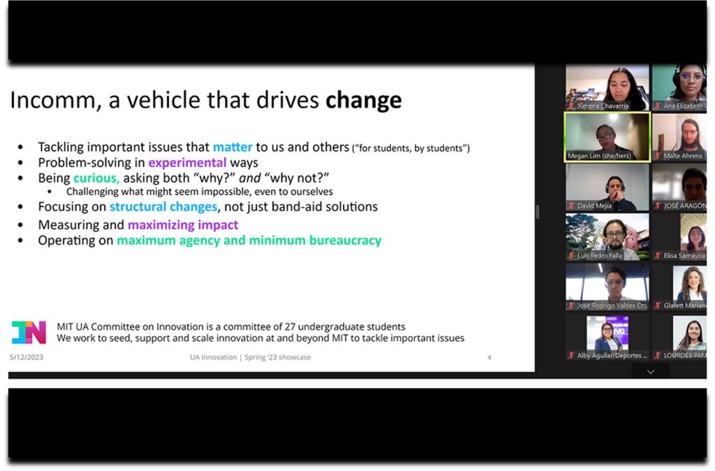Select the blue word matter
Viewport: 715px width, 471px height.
[x=233, y=147]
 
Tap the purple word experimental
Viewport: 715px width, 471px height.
[x=187, y=163]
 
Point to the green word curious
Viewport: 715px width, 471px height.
[x=96, y=178]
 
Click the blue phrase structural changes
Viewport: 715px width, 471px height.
[x=163, y=207]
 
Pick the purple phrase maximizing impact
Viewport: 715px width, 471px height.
[x=183, y=225]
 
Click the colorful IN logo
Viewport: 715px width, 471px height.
[x=29, y=332]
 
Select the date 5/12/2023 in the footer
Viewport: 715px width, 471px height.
[x=27, y=357]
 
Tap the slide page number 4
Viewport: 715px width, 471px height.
[x=489, y=357]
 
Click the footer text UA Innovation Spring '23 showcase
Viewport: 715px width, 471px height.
[x=251, y=357]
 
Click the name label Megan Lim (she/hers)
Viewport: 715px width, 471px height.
[x=599, y=156]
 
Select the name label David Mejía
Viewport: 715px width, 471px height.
[x=594, y=206]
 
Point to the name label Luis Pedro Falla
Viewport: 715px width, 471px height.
[x=600, y=256]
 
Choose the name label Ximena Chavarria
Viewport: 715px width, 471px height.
[x=603, y=106]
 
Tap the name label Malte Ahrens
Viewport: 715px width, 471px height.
[x=683, y=156]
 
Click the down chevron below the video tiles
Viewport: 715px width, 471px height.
[x=651, y=372]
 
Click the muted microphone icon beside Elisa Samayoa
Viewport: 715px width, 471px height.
[x=658, y=256]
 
